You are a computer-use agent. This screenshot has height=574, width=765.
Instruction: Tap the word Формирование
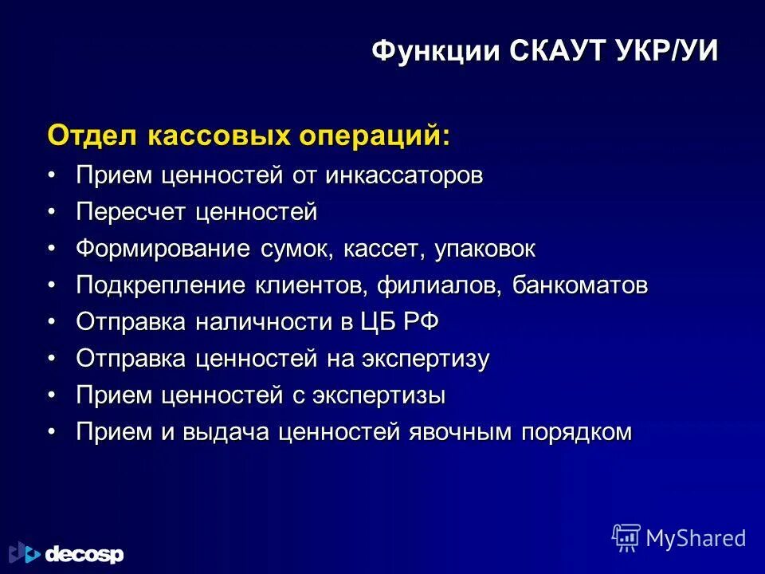164,249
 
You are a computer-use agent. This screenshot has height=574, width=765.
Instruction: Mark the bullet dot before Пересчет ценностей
52,212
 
